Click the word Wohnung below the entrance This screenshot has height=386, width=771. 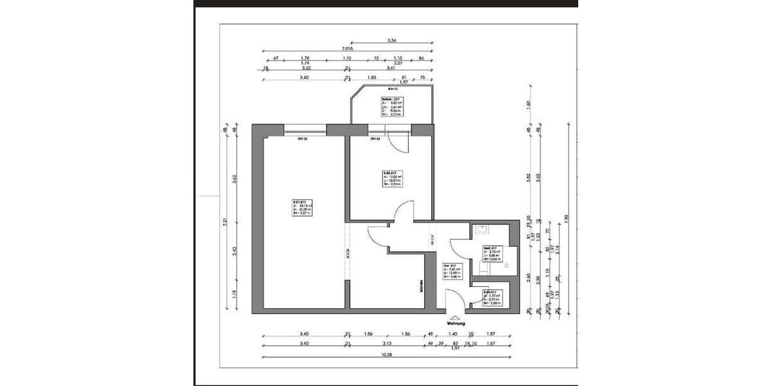455,324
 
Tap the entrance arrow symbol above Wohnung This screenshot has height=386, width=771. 455,317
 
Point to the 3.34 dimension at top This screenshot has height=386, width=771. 392,41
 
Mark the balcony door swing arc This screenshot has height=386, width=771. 400,145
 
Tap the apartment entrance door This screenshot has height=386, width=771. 455,299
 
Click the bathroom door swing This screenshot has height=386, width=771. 460,248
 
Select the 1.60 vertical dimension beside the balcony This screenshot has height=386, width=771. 529,104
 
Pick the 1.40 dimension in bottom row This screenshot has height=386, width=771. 452,334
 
